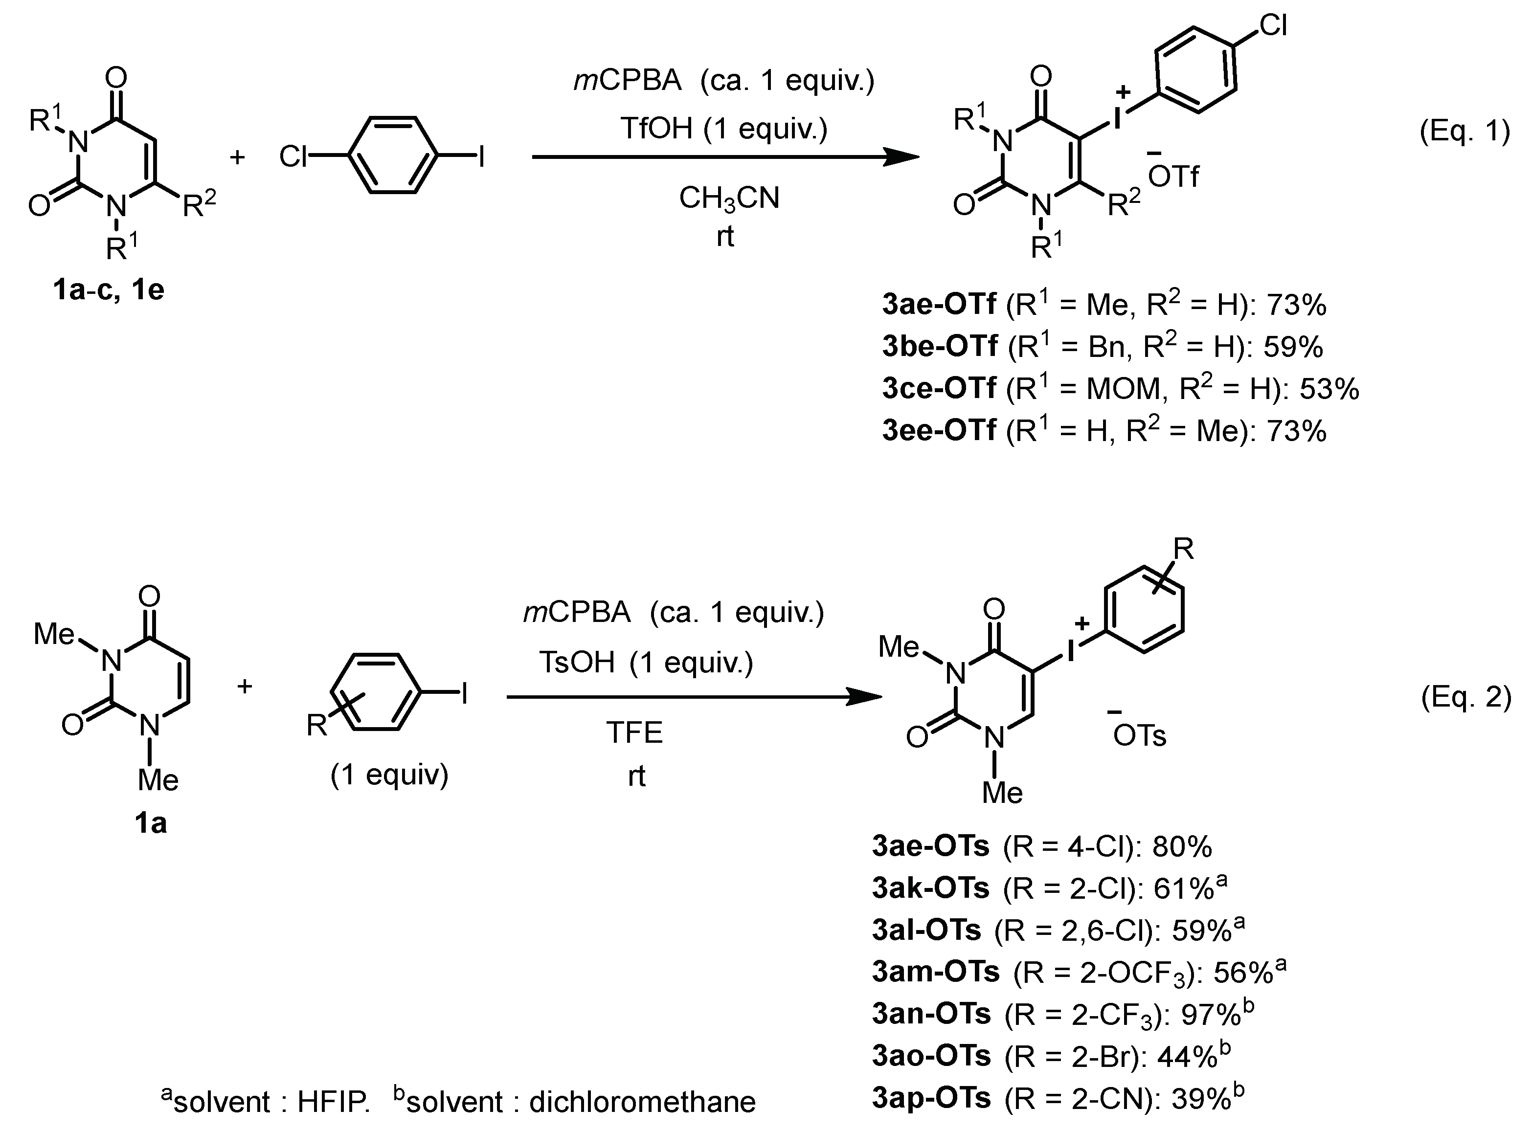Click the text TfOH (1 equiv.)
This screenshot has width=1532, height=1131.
(724, 129)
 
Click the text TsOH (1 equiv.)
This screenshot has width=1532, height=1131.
(646, 662)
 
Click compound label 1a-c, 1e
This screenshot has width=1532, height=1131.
(108, 290)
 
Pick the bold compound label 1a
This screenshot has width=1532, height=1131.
(151, 823)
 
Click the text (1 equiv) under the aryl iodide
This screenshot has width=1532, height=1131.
(389, 775)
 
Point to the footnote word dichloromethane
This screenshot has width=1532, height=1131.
(642, 1102)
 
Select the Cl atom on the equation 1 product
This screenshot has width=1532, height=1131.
(1273, 26)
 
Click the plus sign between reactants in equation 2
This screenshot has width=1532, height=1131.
(245, 686)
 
